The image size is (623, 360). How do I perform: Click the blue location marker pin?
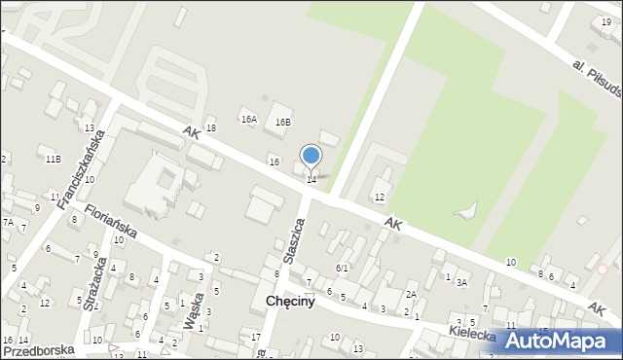[x=311, y=157]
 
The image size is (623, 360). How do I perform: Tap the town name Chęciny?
[x=290, y=302]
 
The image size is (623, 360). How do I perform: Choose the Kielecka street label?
[x=473, y=336]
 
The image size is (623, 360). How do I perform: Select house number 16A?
[x=249, y=120]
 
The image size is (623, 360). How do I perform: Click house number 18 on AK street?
[x=210, y=127]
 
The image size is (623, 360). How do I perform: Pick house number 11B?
[x=52, y=159]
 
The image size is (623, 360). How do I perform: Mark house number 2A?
[x=412, y=295]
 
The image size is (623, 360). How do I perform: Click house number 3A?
[x=462, y=283]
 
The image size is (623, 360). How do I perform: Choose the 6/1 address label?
[x=342, y=268]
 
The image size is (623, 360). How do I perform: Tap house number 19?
[x=606, y=8]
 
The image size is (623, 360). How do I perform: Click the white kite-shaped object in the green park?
[x=468, y=210]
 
